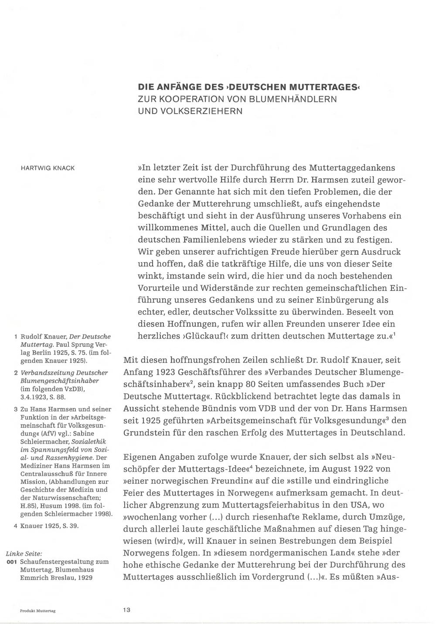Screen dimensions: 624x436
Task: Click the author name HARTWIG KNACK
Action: coord(48,168)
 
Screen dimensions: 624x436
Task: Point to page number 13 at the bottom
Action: coord(126,610)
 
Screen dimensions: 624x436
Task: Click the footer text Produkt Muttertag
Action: coord(37,611)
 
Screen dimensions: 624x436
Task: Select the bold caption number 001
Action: coord(12,562)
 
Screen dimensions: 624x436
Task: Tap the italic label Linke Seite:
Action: coord(24,553)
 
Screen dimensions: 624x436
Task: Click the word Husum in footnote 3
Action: coord(57,506)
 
